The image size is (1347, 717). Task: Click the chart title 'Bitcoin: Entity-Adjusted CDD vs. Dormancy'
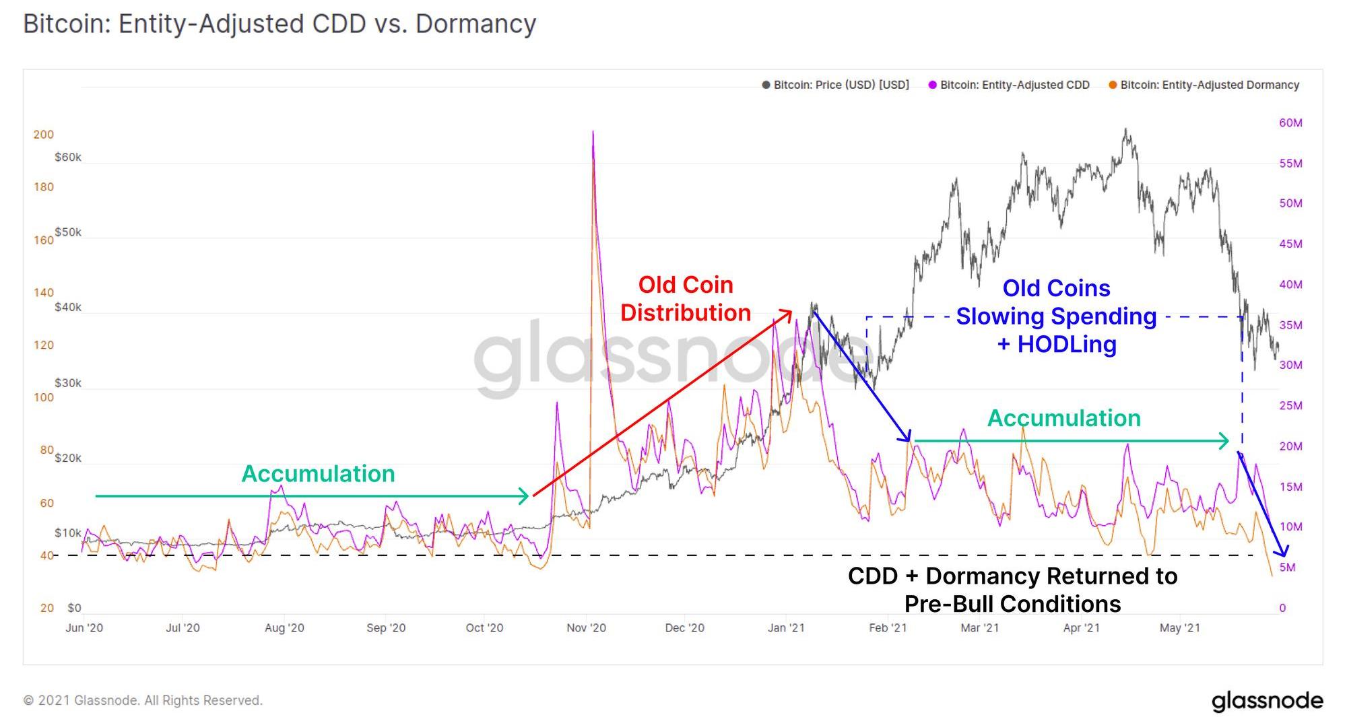click(280, 24)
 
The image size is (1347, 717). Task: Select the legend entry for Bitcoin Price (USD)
click(835, 85)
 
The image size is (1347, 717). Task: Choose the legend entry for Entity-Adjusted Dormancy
click(1204, 85)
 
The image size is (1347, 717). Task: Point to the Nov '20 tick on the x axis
click(586, 627)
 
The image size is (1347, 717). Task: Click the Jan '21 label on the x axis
click(786, 627)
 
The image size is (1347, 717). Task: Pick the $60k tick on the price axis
click(68, 158)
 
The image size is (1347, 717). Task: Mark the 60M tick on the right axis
click(1290, 123)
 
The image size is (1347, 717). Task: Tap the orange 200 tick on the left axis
click(44, 135)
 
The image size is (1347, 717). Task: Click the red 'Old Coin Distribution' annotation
click(686, 299)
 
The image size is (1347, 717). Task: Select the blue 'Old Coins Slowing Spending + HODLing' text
click(1056, 316)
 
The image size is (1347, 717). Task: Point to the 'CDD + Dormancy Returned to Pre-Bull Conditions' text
click(1012, 590)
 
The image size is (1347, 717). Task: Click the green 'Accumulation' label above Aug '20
click(318, 474)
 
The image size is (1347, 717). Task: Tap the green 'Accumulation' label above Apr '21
click(1063, 418)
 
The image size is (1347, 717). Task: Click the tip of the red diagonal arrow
click(791, 311)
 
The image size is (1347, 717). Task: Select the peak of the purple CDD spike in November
click(593, 132)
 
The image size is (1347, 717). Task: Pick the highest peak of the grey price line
click(1125, 129)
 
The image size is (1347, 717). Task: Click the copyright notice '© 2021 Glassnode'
click(143, 700)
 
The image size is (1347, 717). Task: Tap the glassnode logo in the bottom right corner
click(1267, 701)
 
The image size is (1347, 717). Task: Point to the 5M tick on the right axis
click(1287, 568)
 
